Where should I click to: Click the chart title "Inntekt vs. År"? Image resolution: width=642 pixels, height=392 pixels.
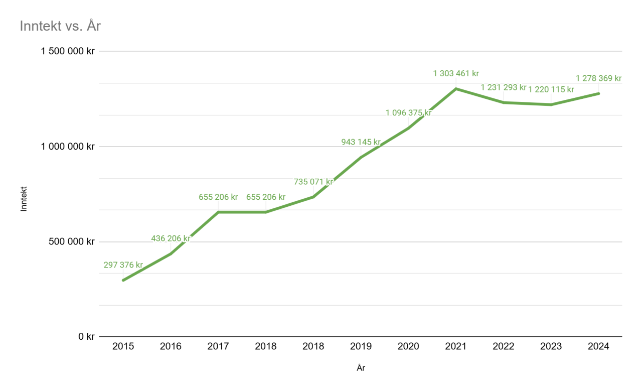60,26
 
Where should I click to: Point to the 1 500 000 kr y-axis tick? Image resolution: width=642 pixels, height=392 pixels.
68,51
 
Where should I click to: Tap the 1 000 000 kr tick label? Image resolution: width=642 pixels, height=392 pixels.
68,147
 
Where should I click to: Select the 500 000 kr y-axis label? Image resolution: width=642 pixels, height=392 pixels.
72,241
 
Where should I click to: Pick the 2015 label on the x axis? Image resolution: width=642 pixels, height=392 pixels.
123,347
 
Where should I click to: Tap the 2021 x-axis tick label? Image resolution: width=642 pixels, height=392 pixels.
456,347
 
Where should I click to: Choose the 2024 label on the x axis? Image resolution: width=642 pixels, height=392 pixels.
598,347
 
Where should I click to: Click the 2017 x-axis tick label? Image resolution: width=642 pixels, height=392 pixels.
218,347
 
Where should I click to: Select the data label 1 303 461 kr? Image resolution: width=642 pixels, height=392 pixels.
456,74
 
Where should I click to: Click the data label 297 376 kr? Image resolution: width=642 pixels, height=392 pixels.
123,265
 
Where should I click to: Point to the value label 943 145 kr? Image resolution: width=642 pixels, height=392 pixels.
361,142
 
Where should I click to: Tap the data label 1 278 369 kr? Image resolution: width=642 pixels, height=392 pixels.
598,78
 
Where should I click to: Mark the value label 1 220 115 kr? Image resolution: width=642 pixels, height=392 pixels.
551,90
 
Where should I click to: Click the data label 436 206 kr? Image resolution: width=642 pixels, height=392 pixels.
171,238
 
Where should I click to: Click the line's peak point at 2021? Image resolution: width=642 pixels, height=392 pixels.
456,89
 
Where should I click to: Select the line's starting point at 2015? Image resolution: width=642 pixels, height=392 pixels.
123,280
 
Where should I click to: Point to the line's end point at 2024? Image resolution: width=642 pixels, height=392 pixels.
598,93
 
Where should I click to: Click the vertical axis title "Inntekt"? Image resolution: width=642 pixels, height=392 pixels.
24,199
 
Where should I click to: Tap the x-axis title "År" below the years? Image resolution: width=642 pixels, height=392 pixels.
361,368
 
